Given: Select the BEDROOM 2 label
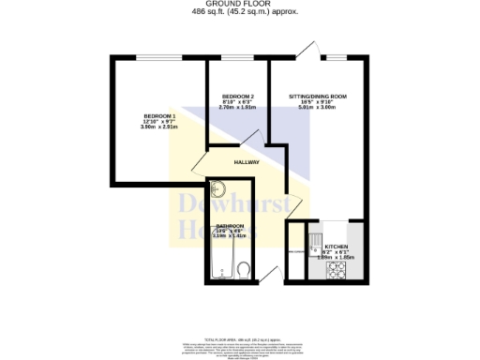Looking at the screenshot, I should point(237,97).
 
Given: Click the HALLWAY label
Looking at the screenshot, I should point(247,162).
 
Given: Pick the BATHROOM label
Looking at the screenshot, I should point(231,226).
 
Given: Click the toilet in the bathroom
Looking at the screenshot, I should point(244,272).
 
